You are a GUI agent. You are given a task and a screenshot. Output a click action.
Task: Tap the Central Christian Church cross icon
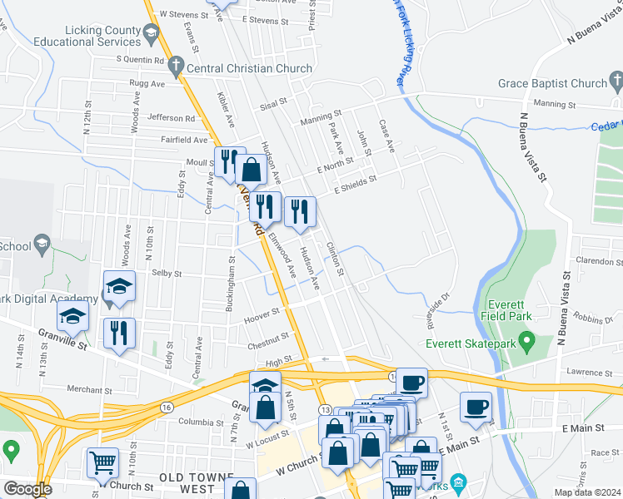[x=175, y=65]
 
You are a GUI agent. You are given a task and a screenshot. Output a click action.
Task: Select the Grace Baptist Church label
[x=552, y=83]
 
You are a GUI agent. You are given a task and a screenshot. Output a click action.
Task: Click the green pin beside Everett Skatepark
[x=526, y=341]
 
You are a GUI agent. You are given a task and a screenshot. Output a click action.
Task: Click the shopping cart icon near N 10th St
[x=102, y=462]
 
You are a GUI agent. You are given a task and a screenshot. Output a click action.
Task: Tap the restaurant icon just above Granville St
[x=119, y=333]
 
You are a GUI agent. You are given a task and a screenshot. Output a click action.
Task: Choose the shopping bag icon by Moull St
[x=251, y=170]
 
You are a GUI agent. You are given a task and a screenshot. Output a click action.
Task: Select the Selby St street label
[x=167, y=273]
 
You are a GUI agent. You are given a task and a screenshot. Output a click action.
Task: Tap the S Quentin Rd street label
[x=140, y=59]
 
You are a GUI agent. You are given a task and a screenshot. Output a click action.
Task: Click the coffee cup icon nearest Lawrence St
[x=476, y=407]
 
